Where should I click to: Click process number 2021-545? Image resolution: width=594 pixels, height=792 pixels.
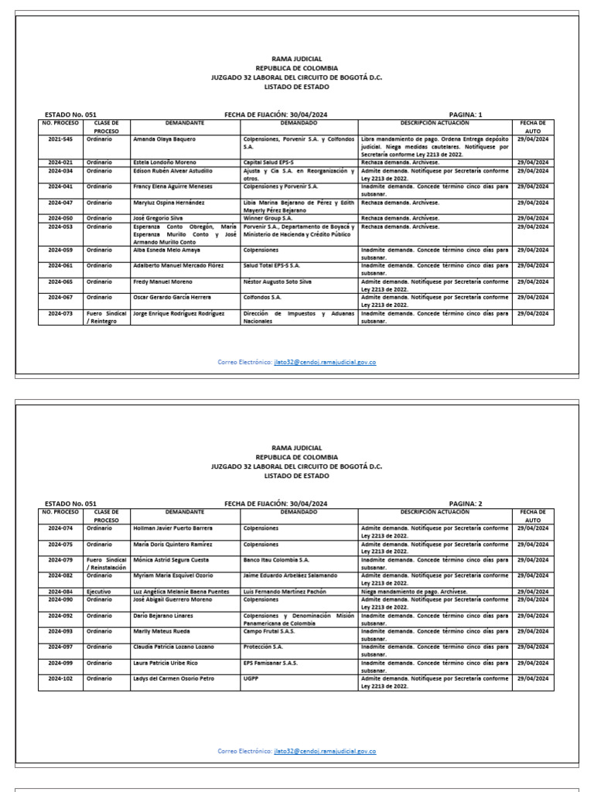tap(60, 139)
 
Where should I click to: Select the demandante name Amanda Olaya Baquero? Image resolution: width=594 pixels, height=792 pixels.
tap(163, 139)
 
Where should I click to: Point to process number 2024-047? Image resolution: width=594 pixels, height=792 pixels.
tap(60, 203)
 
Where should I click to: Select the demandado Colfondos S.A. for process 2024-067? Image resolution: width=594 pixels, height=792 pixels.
tap(261, 297)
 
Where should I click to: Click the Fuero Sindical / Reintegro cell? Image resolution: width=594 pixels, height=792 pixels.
tap(106, 317)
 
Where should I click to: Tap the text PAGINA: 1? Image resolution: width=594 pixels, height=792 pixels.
tap(465, 114)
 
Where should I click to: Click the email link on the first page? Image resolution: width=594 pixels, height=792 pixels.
tap(325, 362)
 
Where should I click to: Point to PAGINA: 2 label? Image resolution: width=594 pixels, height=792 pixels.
tap(465, 504)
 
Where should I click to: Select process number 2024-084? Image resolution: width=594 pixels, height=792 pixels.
tap(60, 592)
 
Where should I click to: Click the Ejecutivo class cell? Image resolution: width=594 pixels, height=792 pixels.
tap(99, 592)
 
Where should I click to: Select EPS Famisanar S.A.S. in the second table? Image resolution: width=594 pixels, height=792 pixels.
tap(271, 663)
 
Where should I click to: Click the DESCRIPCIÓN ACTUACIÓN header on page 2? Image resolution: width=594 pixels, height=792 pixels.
tap(435, 512)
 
